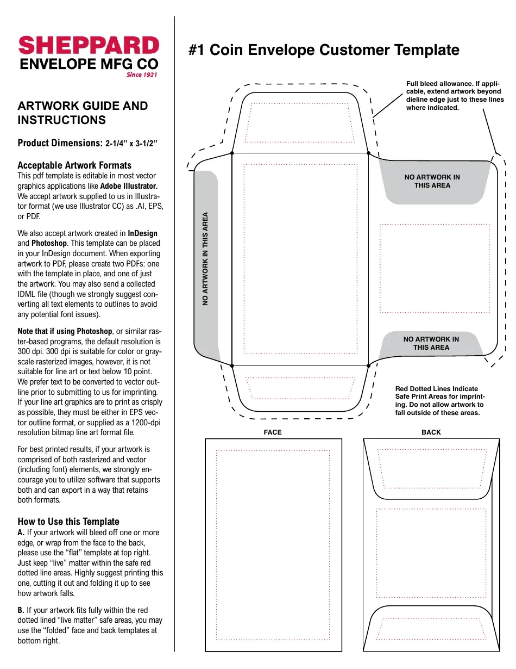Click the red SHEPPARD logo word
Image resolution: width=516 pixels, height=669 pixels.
tap(89, 46)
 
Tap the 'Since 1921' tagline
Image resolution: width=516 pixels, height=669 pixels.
tap(142, 75)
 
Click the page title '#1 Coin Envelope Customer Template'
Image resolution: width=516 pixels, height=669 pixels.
tap(324, 50)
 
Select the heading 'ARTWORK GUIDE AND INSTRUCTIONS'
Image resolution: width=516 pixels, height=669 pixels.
tap(83, 113)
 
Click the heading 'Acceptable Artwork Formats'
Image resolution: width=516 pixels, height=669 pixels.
tap(74, 165)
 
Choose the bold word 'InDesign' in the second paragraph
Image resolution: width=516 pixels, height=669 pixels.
tap(142, 233)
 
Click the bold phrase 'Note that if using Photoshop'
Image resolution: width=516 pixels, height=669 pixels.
tap(65, 331)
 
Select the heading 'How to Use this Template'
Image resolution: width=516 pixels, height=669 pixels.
tap(68, 522)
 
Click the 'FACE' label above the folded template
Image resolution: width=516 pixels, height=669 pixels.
tap(273, 432)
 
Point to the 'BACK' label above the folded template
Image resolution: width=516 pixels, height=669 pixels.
tap(431, 432)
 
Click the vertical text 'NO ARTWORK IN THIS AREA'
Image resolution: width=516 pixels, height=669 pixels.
tap(206, 258)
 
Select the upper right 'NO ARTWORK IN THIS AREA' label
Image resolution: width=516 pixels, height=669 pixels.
tap(432, 181)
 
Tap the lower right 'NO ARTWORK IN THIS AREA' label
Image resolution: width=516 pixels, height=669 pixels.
tap(431, 343)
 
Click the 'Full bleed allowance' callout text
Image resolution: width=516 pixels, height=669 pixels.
tap(454, 96)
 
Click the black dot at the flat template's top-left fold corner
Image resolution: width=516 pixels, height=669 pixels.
tap(232, 153)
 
